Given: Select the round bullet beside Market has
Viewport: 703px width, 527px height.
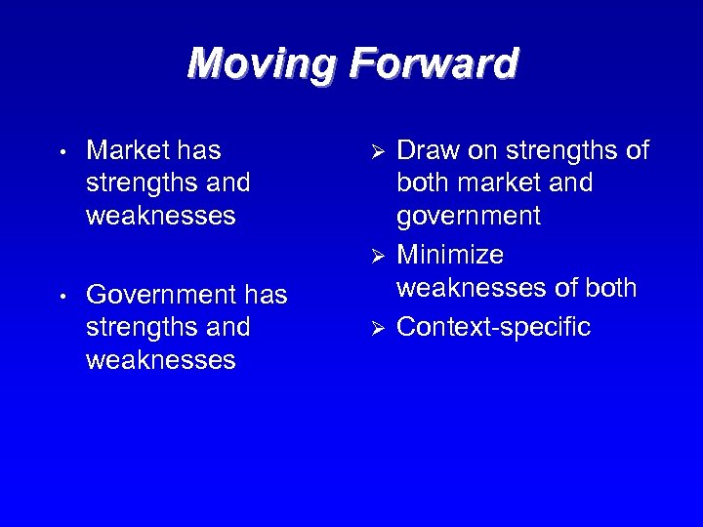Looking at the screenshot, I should tap(62, 153).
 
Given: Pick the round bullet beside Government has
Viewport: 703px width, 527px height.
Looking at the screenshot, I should tap(62, 296).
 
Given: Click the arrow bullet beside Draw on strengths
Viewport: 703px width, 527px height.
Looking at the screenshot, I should tap(382, 153).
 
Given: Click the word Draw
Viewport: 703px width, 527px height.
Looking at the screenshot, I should tap(429, 150).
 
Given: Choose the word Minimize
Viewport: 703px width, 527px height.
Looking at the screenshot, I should tap(450, 255).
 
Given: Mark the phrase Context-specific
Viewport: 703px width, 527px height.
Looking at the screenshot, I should tap(494, 327).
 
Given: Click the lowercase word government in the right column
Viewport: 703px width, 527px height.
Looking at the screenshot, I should tap(468, 216).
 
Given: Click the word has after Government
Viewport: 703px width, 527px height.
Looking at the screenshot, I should tap(266, 294).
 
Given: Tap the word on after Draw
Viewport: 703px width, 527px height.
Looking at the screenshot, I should tap(483, 150).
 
